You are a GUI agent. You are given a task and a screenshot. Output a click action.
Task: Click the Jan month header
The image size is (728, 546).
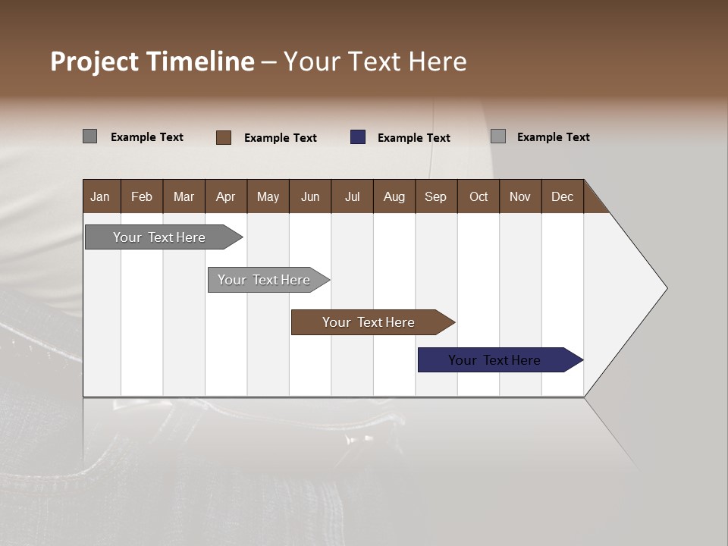(101, 196)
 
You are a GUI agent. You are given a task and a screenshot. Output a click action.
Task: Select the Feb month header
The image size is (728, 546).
(142, 196)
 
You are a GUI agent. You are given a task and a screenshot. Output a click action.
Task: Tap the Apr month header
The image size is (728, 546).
(226, 196)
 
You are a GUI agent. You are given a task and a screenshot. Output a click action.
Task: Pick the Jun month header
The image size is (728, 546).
(310, 196)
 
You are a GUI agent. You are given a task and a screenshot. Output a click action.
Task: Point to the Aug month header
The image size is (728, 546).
(394, 196)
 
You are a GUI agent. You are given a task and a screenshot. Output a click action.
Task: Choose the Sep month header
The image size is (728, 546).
(436, 196)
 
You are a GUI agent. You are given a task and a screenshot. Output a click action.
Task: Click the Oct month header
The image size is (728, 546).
(479, 196)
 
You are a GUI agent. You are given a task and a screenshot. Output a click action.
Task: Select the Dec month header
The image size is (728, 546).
(563, 196)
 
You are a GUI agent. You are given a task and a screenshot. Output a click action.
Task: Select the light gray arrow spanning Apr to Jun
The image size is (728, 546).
(265, 280)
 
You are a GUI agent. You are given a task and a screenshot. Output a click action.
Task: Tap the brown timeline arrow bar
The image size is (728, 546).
(370, 322)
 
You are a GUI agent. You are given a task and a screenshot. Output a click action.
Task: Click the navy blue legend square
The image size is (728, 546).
(358, 137)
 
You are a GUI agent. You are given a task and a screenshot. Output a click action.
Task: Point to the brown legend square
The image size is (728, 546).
(224, 137)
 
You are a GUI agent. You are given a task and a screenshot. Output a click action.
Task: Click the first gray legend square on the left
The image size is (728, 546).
(89, 136)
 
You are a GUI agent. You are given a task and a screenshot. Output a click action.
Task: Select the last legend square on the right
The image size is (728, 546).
(498, 136)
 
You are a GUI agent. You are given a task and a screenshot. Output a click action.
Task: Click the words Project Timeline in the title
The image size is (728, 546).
(152, 61)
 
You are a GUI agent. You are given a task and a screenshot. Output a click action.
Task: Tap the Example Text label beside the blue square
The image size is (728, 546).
(414, 138)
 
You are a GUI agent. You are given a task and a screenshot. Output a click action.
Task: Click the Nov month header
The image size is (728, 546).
(520, 196)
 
